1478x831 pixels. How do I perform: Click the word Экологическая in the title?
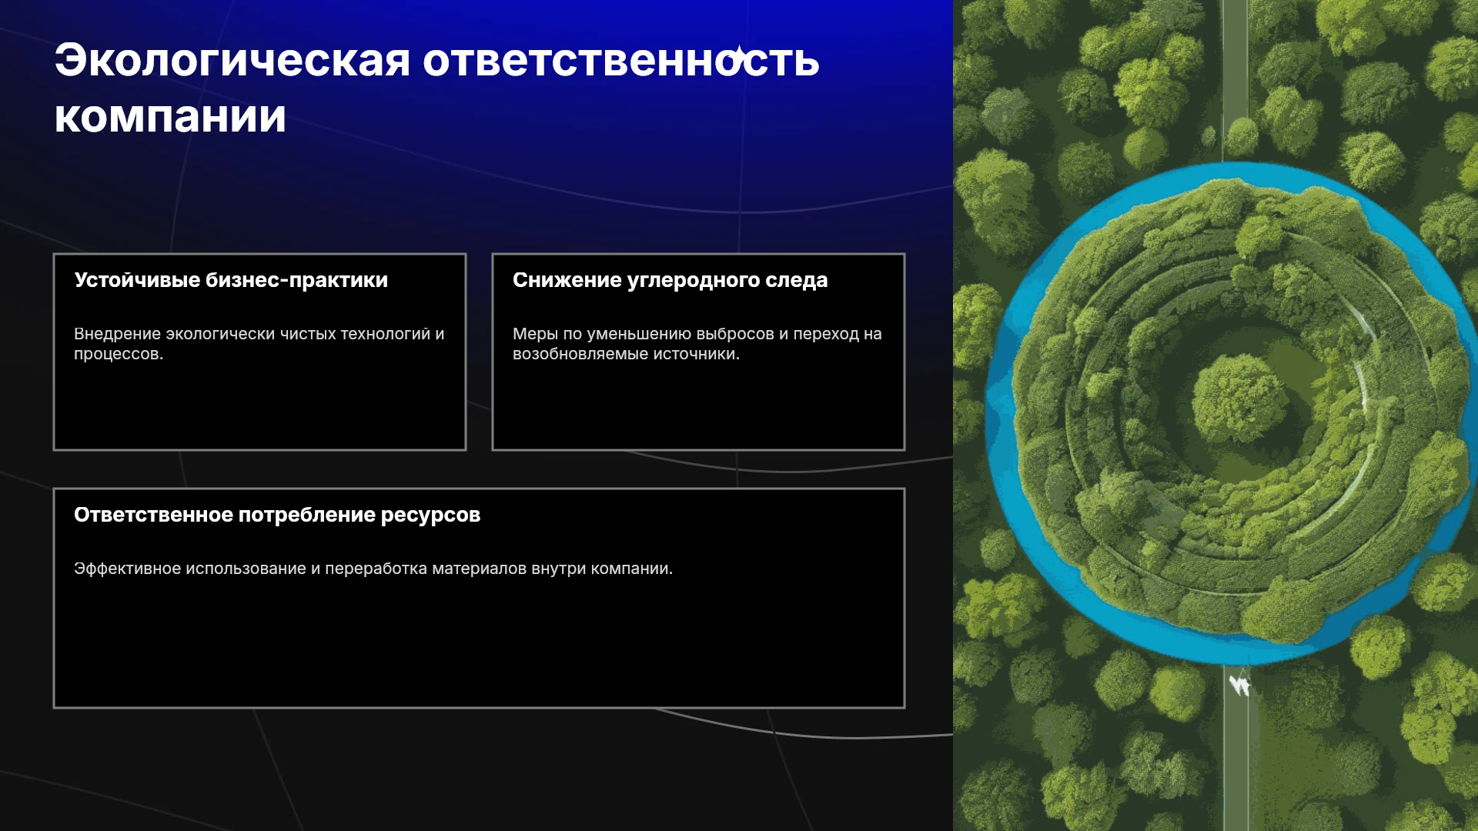point(232,60)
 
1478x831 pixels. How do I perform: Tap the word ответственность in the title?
point(621,60)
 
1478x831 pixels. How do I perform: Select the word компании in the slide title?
point(170,117)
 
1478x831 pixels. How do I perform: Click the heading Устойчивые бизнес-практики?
point(231,280)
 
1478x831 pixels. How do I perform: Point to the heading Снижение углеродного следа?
point(670,280)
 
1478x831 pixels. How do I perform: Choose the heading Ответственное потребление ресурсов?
point(277,515)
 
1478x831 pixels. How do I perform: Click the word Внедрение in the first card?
point(118,334)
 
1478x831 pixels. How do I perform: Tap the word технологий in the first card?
point(386,334)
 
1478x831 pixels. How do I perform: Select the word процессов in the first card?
point(119,354)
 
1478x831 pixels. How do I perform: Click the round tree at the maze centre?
point(1239,398)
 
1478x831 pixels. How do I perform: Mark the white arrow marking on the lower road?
point(1239,684)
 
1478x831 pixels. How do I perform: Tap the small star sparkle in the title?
point(738,55)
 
